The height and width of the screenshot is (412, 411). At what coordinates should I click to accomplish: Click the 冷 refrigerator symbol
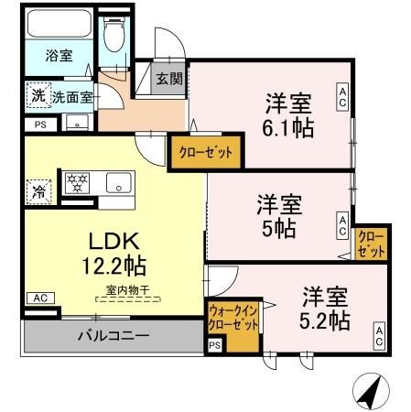click(38, 191)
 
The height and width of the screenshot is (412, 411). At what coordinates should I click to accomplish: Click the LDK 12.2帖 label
click(113, 254)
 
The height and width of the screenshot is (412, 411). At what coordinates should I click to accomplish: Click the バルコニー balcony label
click(112, 336)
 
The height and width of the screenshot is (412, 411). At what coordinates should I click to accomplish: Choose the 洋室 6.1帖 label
click(290, 114)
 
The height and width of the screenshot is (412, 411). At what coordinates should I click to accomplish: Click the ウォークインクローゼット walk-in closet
click(235, 320)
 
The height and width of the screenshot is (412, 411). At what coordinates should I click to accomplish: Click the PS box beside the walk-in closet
click(214, 345)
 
